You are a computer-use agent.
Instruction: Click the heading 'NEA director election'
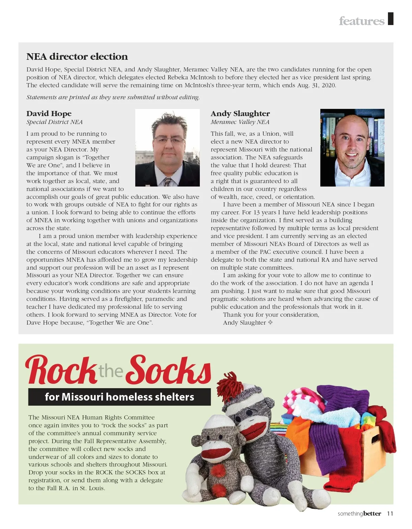click(x=77, y=57)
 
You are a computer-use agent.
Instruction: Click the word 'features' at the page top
click(x=361, y=21)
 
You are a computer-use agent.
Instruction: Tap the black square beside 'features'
click(x=390, y=19)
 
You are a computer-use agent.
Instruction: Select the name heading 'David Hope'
click(x=49, y=114)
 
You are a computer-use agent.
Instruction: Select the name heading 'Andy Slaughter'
click(x=240, y=114)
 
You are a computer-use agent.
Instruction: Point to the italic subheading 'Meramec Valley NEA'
click(x=240, y=122)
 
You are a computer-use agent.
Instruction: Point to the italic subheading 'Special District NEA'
click(x=54, y=122)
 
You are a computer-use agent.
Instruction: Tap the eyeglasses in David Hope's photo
click(x=169, y=139)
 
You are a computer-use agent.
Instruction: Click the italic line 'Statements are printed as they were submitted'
click(x=113, y=97)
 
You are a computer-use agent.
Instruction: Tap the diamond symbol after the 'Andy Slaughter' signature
click(x=270, y=323)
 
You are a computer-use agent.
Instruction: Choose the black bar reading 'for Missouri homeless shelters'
click(x=119, y=397)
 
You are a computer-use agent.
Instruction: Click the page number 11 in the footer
click(x=390, y=514)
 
